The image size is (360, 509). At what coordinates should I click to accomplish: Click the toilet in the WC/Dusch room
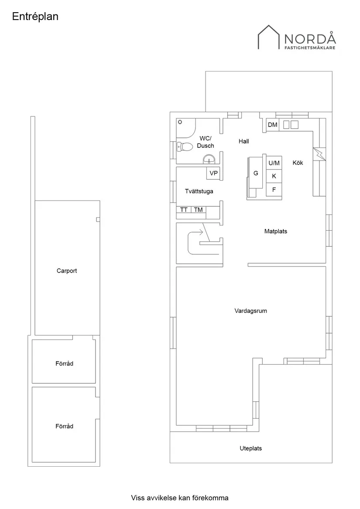point(185,147)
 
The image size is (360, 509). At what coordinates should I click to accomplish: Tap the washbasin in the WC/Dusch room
point(209,159)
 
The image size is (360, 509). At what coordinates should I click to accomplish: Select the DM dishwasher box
point(273,125)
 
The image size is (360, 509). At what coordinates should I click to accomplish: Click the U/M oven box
point(274,163)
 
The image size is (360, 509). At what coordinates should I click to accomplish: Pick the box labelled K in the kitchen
point(274,176)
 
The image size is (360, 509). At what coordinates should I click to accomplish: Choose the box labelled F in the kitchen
point(274,190)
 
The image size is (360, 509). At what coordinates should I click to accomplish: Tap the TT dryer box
point(184,210)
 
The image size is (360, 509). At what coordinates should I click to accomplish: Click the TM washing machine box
point(199,210)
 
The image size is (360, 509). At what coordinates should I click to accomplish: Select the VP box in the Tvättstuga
point(213,173)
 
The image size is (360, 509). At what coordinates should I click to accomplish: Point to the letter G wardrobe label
point(256,173)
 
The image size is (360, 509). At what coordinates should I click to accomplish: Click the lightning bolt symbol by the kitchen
point(319,154)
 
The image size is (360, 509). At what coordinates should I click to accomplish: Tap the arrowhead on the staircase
point(201,232)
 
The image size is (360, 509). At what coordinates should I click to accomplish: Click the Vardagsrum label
point(251,311)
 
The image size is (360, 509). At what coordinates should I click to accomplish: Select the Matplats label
point(275,232)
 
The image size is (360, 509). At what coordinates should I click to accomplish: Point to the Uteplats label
point(251,448)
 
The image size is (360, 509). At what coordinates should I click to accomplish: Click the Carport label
point(67,271)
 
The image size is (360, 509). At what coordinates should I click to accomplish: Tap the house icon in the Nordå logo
point(269,37)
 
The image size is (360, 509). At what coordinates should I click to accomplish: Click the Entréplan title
point(35,17)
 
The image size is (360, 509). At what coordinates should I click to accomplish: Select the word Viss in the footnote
point(137,498)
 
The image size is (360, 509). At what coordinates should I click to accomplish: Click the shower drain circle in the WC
point(180,123)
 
